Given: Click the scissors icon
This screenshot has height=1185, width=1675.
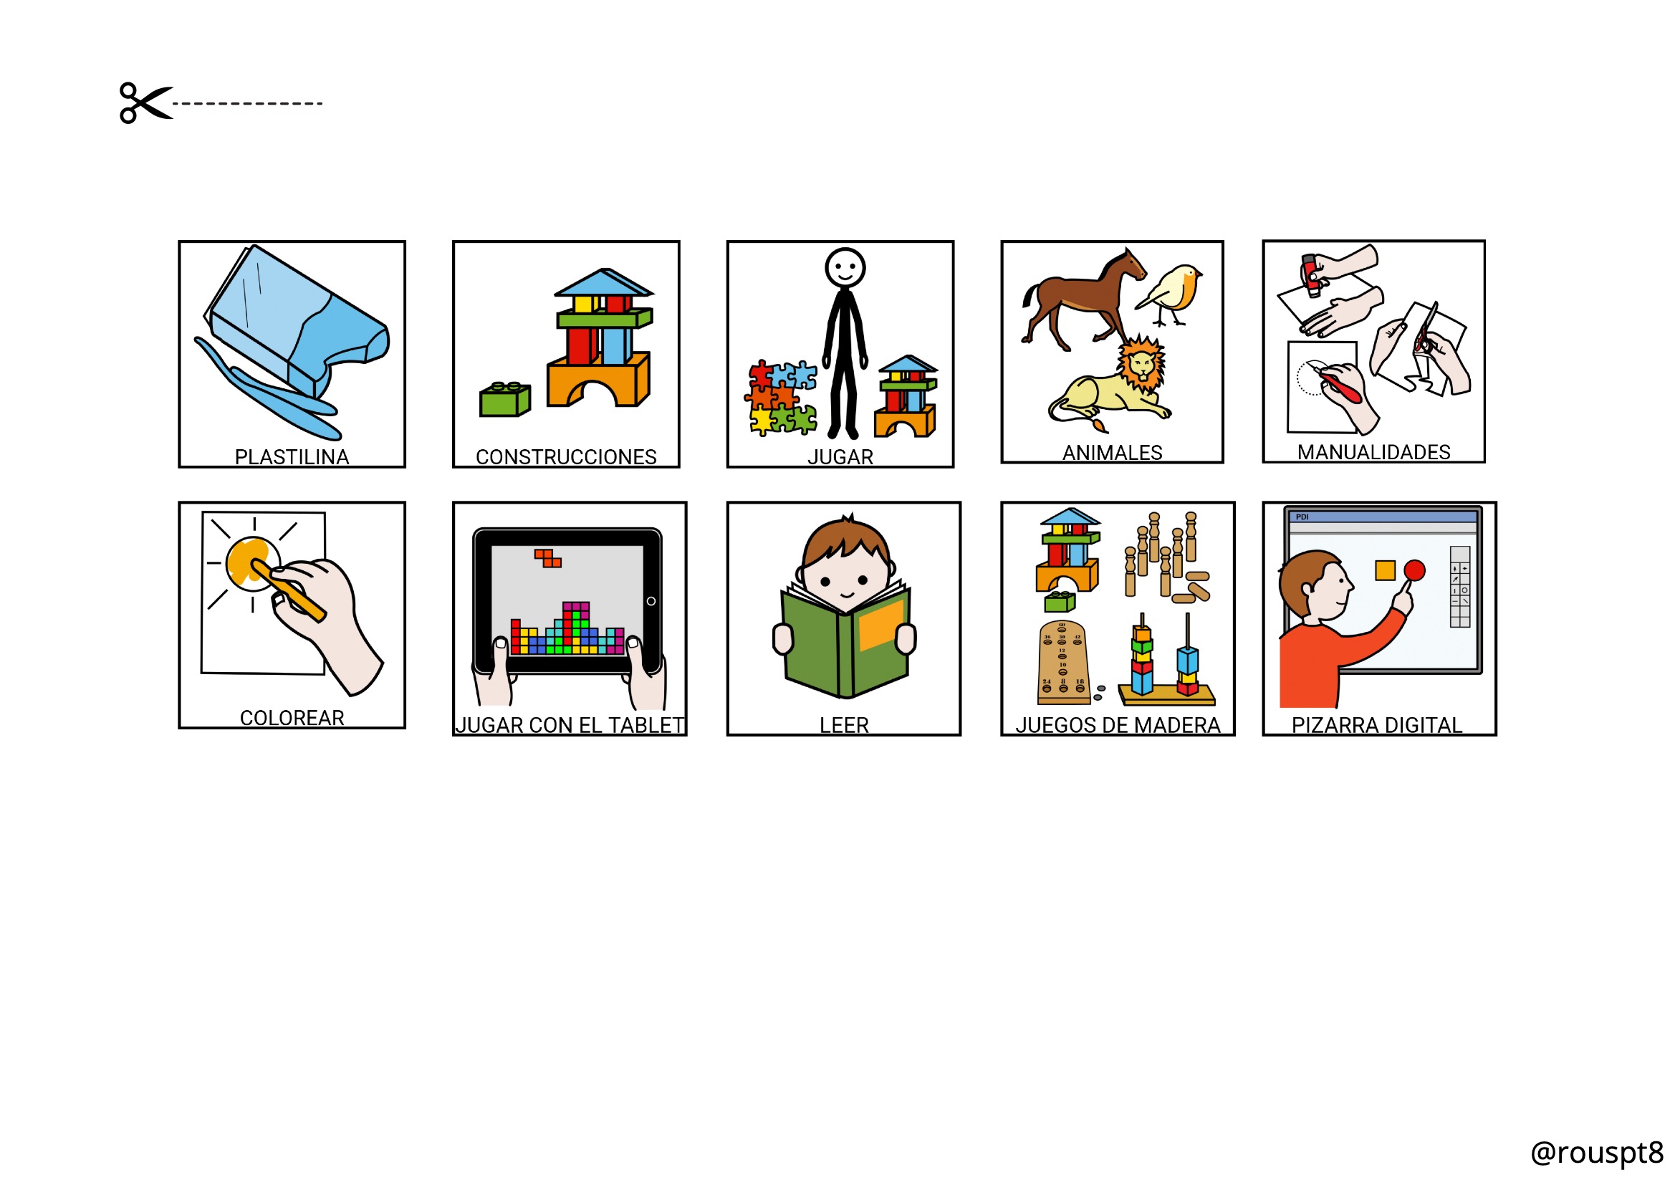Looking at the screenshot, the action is [146, 103].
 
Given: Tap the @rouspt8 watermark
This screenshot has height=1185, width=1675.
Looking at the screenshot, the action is [1596, 1153].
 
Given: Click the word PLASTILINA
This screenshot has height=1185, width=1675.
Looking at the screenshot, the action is [292, 457].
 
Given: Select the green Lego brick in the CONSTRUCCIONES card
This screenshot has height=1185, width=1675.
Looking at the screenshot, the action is [505, 399].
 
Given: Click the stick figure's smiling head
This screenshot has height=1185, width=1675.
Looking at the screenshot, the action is [845, 268].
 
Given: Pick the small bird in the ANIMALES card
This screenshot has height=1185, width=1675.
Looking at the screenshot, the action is [1169, 294].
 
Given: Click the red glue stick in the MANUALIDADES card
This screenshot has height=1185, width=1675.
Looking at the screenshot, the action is [1312, 276].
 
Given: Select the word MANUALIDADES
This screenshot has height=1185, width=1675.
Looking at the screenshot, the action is [1373, 452].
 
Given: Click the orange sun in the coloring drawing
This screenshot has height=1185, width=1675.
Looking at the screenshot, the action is [251, 562].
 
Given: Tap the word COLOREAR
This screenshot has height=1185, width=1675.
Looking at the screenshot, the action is [292, 718].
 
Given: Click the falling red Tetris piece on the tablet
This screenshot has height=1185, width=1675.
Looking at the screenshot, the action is [548, 558].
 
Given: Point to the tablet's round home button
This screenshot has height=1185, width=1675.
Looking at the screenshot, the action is [651, 601].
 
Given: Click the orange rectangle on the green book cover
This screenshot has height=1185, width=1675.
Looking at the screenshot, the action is [881, 624].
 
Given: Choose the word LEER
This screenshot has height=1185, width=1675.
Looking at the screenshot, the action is [844, 725].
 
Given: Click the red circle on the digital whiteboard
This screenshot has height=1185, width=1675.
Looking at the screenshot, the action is [1414, 570].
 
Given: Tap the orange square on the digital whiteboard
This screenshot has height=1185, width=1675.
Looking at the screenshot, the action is [1385, 570].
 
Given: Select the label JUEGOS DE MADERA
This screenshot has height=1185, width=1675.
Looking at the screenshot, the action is [1118, 725].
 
